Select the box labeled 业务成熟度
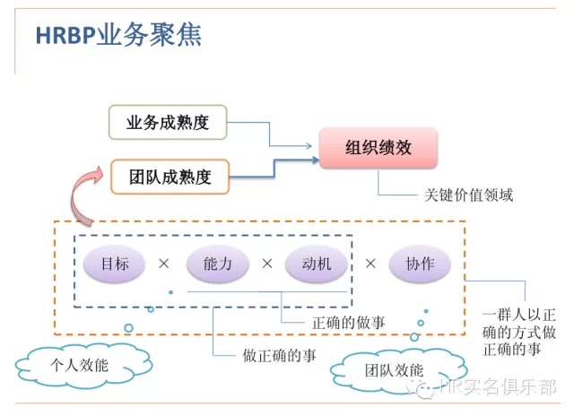pyautogui.click(x=168, y=122)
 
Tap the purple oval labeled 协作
pyautogui.click(x=420, y=264)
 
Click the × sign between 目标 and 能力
pyautogui.click(x=163, y=264)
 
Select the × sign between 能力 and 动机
pyautogui.click(x=266, y=264)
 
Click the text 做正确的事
pyautogui.click(x=279, y=355)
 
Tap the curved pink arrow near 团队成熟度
pyautogui.click(x=83, y=189)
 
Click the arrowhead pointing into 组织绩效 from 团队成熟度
pyautogui.click(x=314, y=162)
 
